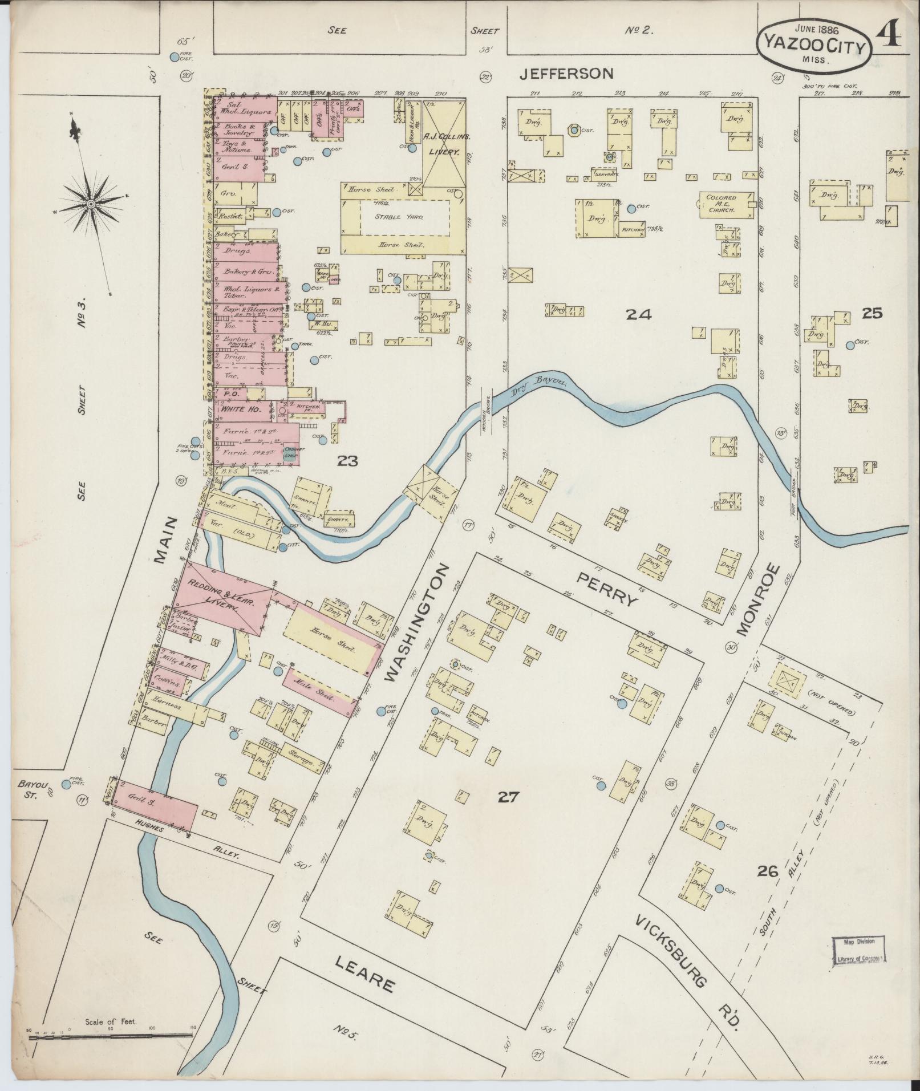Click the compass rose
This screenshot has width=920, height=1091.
click(91, 204)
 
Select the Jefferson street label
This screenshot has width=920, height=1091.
click(567, 73)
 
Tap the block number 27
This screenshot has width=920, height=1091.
click(508, 797)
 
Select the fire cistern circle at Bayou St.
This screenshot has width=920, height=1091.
click(67, 784)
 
